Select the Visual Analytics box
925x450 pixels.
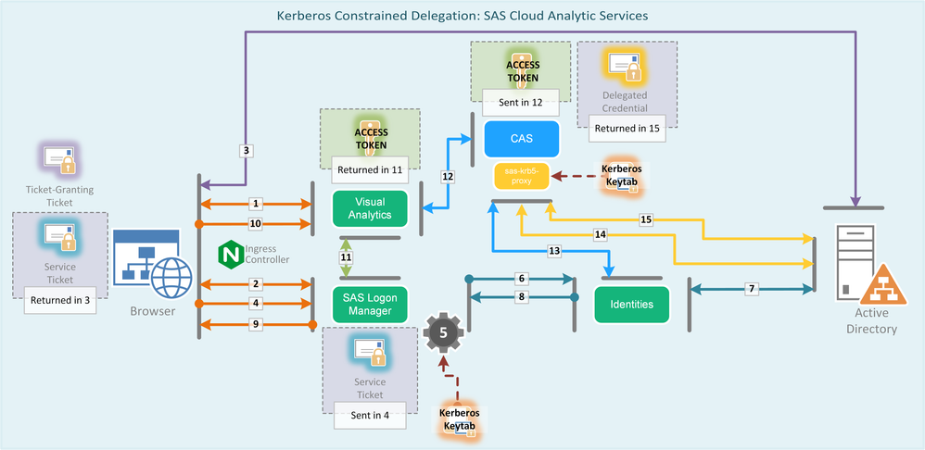370,207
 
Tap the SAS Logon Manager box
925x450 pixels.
370,303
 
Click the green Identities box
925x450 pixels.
631,304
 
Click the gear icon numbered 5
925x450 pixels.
442,331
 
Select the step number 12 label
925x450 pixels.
449,175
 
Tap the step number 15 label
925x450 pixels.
647,219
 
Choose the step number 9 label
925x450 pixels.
256,323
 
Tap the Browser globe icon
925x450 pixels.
171,277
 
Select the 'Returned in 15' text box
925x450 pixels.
627,129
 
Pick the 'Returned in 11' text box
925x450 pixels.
370,169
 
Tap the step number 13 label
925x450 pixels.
555,251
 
